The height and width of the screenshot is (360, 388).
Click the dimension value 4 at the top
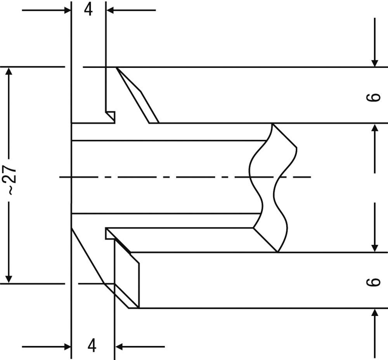click(x=88, y=10)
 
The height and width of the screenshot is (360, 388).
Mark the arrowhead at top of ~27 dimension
click(x=9, y=72)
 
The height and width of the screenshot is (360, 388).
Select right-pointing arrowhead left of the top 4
click(x=67, y=10)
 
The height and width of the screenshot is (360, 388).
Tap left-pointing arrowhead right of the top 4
click(x=110, y=10)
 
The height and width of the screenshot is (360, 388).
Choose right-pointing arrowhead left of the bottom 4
click(x=67, y=347)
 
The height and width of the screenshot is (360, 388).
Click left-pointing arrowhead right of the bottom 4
click(x=119, y=347)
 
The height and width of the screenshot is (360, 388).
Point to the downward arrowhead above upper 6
click(x=375, y=63)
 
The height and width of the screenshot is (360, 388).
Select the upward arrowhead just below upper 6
click(x=375, y=128)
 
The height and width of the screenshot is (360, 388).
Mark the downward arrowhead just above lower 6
click(x=375, y=248)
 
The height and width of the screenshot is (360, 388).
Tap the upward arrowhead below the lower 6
click(x=375, y=313)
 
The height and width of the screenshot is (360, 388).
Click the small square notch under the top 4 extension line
click(x=110, y=117)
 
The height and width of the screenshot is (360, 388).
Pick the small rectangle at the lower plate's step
click(x=110, y=234)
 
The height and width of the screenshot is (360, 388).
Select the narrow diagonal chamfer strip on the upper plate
click(x=137, y=95)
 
